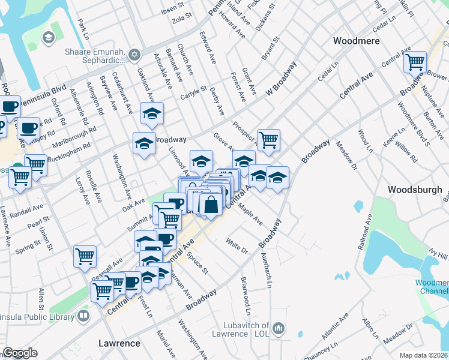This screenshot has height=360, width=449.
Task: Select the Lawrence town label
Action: [x=119, y=344]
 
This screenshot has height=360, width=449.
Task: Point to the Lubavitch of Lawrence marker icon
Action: [x=278, y=328]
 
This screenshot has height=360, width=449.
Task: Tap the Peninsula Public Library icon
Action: [x=83, y=314]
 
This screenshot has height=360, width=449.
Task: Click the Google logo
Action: [x=20, y=353]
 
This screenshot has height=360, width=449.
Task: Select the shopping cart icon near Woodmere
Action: [x=415, y=61]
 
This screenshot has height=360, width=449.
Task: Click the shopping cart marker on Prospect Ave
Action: [x=268, y=139]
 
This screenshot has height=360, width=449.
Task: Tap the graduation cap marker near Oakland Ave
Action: [x=152, y=112]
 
